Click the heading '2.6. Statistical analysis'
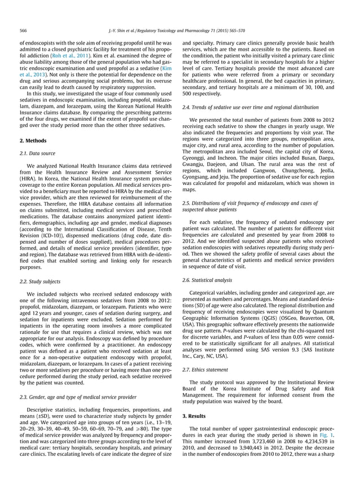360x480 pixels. point(212,280)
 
